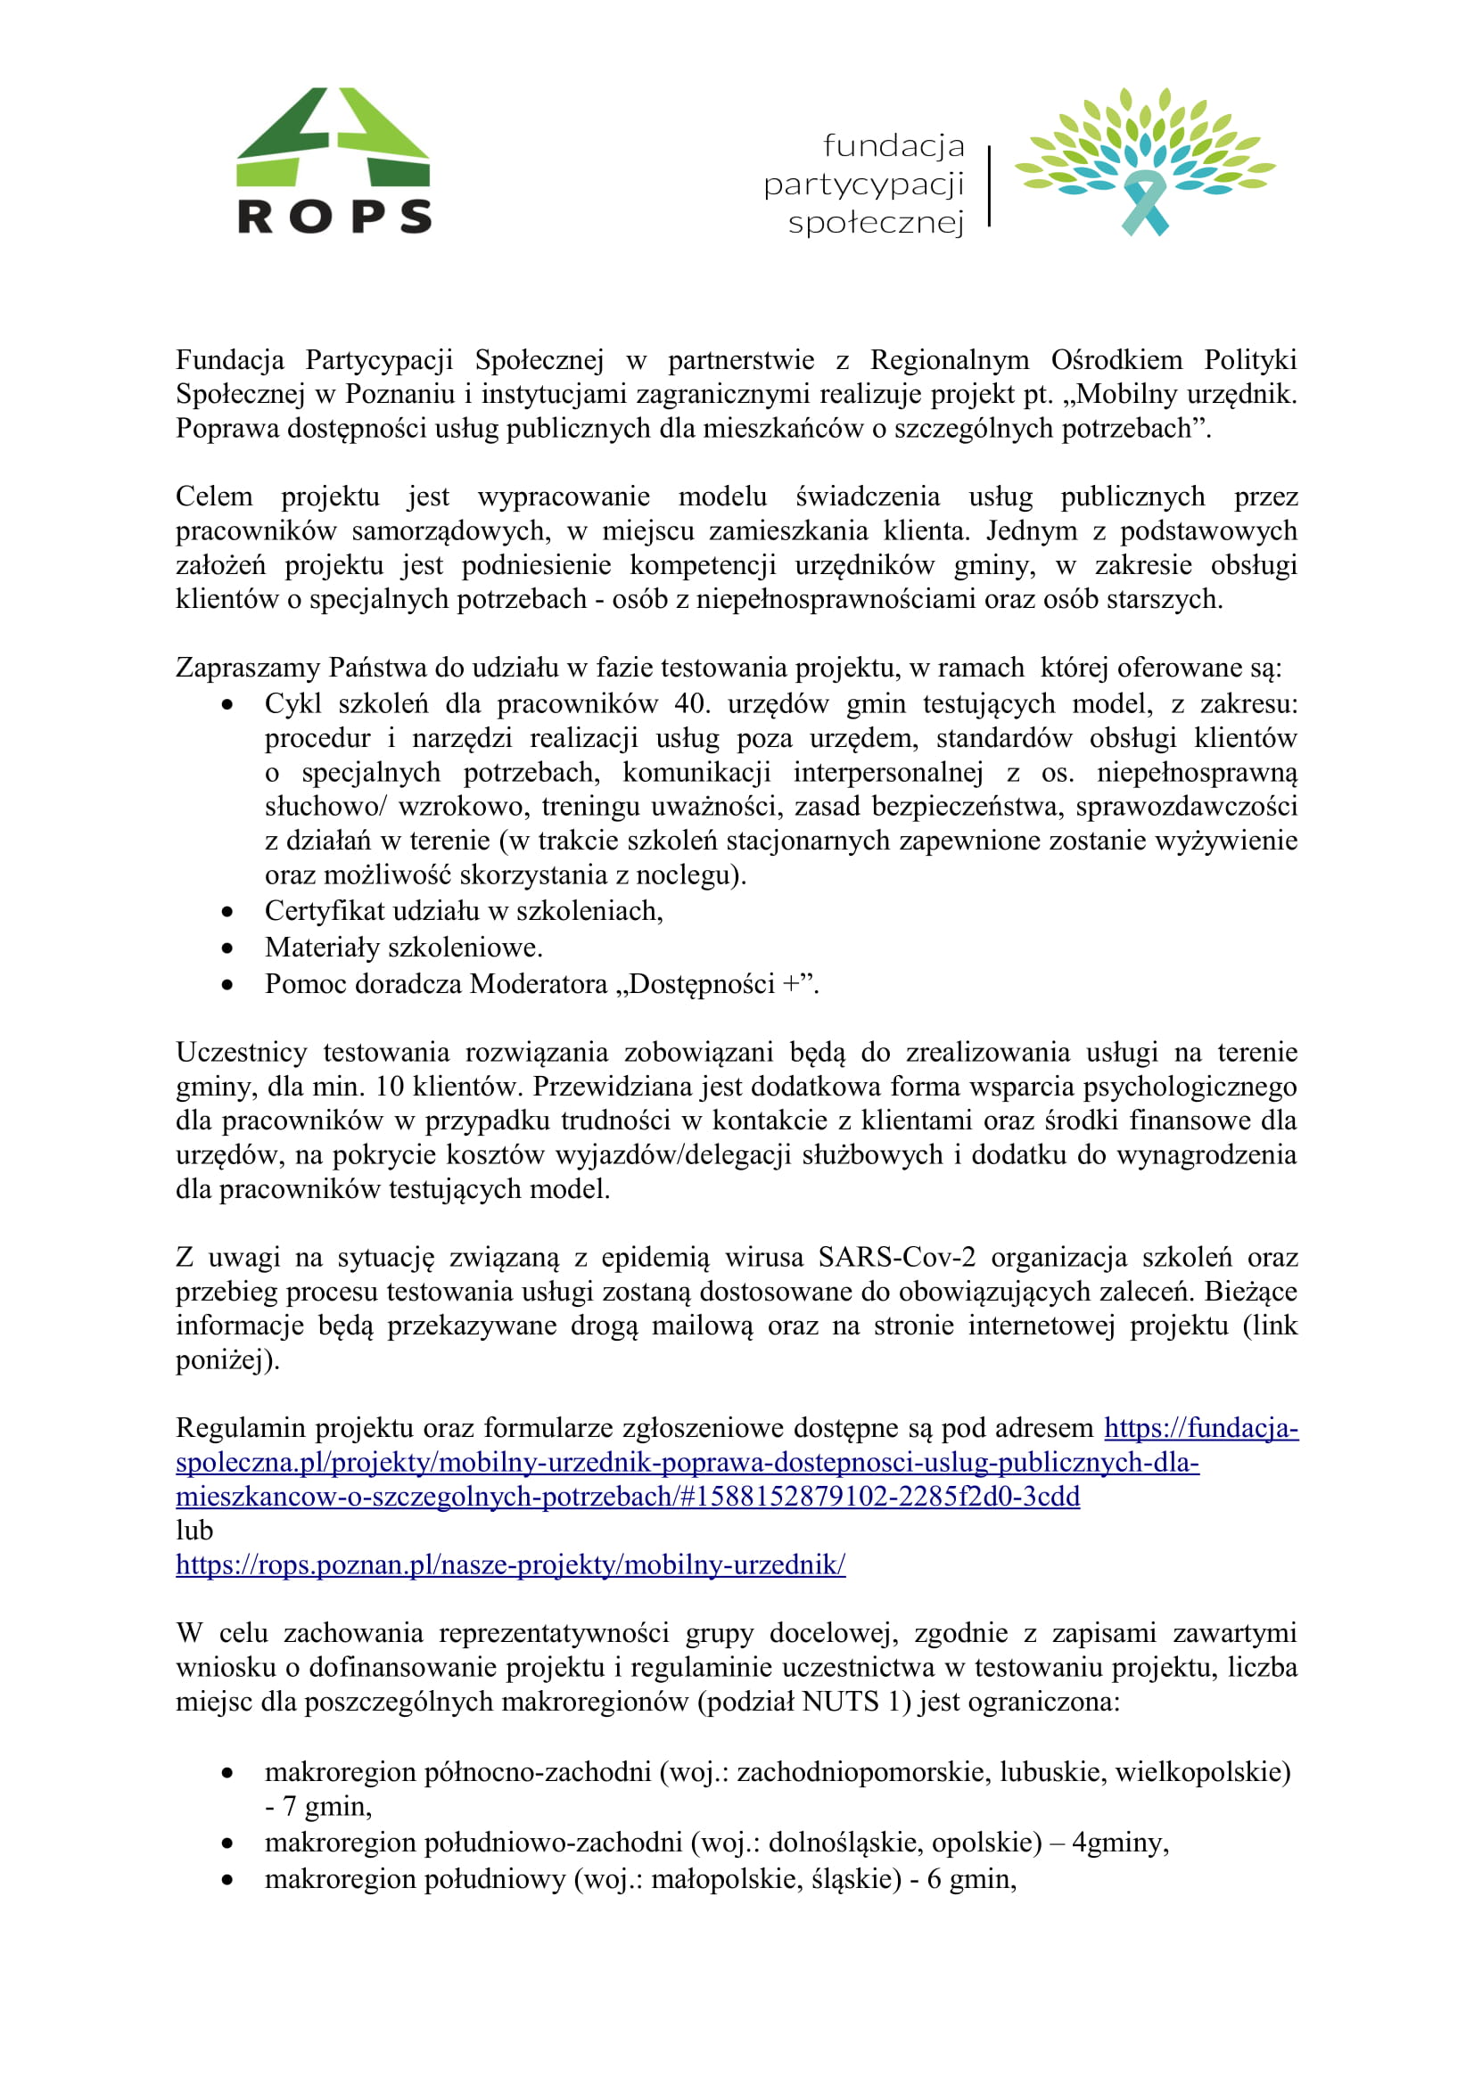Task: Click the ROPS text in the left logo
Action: [x=334, y=216]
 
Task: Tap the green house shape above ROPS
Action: [x=334, y=136]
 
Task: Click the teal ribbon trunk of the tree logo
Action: [x=1143, y=204]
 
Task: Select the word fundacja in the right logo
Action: [x=893, y=145]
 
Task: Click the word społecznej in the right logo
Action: [x=876, y=223]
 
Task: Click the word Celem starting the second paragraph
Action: [x=214, y=497]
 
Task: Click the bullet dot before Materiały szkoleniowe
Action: [x=227, y=948]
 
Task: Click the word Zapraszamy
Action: [x=248, y=668]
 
